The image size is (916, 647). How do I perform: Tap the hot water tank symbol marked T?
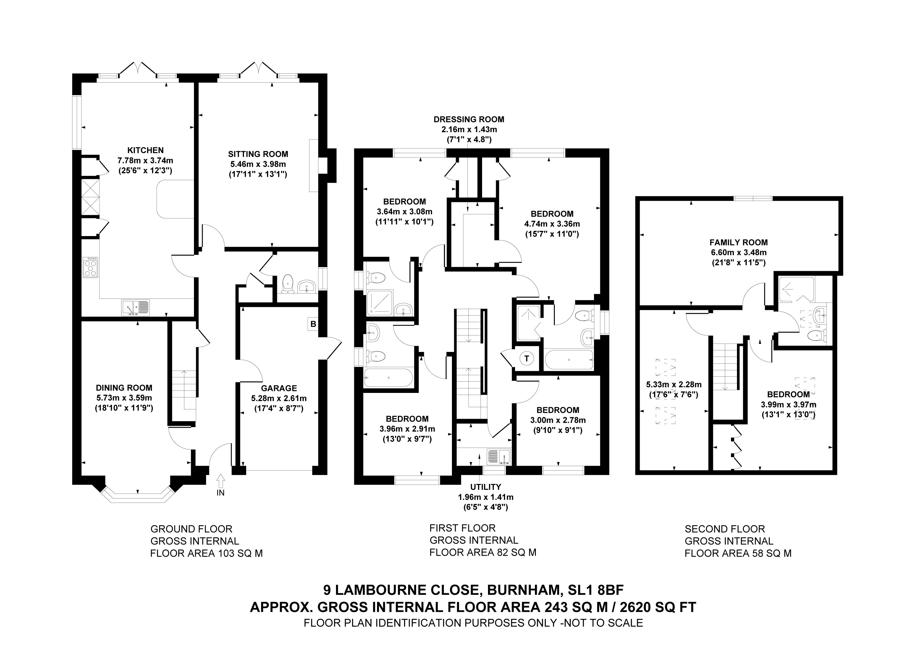527,358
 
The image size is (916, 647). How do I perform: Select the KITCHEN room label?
145,150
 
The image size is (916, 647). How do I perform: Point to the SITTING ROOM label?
258,154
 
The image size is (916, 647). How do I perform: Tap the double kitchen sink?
136,308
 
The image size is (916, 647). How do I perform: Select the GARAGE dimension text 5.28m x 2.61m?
278,398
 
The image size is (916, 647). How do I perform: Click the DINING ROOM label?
124,387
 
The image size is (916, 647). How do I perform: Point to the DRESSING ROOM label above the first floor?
469,119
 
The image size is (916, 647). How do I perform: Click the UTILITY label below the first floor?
485,487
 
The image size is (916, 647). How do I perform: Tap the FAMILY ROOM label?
739,242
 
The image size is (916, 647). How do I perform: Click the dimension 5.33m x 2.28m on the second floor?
674,385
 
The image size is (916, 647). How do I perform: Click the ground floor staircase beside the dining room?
184,390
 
